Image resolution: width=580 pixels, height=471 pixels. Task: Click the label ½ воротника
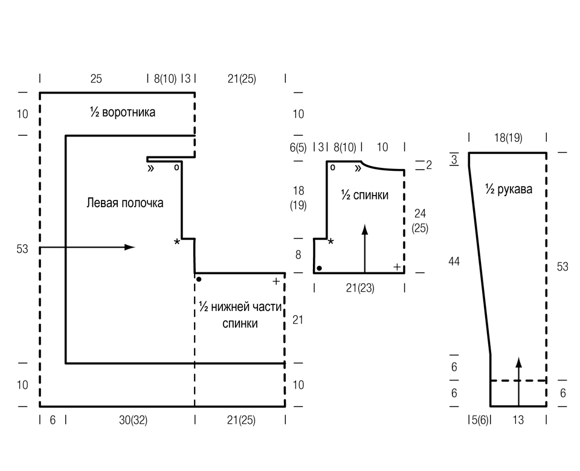pyautogui.click(x=123, y=112)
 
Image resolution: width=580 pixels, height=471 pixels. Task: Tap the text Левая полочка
pyautogui.click(x=125, y=203)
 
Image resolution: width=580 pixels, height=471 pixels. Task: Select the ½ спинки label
pyautogui.click(x=365, y=195)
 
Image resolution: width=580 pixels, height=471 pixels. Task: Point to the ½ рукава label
pyautogui.click(x=509, y=189)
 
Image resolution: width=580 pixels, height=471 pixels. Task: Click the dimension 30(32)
pyautogui.click(x=133, y=420)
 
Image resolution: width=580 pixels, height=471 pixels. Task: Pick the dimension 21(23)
pyautogui.click(x=360, y=287)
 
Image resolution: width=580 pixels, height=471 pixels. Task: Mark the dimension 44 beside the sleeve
pyautogui.click(x=454, y=261)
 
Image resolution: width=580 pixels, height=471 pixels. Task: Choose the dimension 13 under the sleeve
pyautogui.click(x=518, y=420)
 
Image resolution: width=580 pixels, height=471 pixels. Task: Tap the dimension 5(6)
pyautogui.click(x=480, y=420)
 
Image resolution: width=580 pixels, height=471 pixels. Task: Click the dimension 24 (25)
pyautogui.click(x=420, y=220)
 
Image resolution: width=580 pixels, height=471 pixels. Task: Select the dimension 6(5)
pyautogui.click(x=298, y=147)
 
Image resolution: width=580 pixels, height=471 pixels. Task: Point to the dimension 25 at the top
pyautogui.click(x=96, y=78)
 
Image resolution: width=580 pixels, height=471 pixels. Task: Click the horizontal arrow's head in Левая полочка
pyautogui.click(x=130, y=247)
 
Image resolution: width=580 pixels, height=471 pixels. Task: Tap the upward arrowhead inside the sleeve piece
pyautogui.click(x=518, y=362)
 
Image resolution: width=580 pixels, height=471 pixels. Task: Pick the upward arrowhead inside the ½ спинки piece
pyautogui.click(x=365, y=229)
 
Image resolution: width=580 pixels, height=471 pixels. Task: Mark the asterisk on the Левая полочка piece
pyautogui.click(x=177, y=242)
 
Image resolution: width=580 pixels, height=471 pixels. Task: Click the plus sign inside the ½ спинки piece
pyautogui.click(x=397, y=267)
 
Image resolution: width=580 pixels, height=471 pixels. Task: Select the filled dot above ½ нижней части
pyautogui.click(x=199, y=279)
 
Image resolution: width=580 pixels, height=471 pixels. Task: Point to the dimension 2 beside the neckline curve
pyautogui.click(x=429, y=165)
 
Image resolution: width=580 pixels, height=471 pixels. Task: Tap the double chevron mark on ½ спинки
pyautogui.click(x=358, y=168)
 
